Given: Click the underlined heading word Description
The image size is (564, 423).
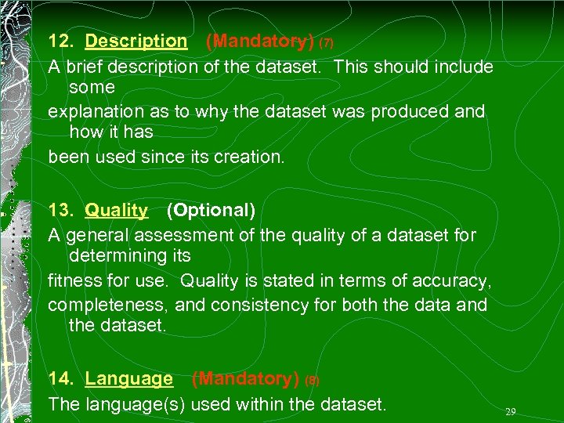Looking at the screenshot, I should pos(136,41).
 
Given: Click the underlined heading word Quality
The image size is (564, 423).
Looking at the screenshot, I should pos(116,210).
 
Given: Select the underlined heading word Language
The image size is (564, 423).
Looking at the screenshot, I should pos(128,379).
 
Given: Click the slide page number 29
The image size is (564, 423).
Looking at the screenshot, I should pos(511,411).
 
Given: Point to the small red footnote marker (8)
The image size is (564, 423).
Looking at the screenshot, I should pos(312,381).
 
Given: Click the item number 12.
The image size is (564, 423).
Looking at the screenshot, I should pos(60,41).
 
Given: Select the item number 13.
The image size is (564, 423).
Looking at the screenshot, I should pos(60,210).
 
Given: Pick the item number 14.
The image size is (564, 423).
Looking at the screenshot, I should pos(60,379).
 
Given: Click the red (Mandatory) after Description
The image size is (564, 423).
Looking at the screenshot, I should pos(259,41).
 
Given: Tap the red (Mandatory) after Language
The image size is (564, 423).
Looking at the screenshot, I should pos(245,379).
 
